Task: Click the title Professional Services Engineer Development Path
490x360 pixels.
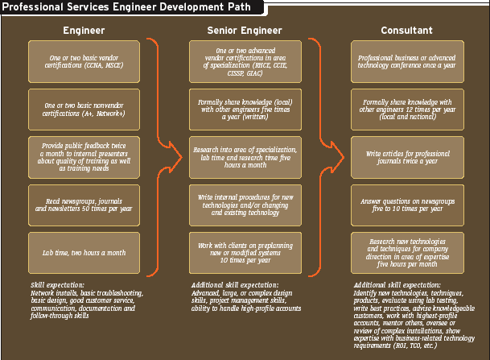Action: [130, 7]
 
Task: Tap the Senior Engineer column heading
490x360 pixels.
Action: [245, 31]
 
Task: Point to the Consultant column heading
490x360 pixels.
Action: [407, 31]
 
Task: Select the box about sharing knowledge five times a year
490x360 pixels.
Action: [245, 110]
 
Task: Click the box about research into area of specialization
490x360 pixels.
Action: [245, 157]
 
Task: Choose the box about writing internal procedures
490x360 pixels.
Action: [245, 205]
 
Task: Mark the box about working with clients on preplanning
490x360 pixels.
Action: [245, 253]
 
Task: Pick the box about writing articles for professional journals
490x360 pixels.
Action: [407, 157]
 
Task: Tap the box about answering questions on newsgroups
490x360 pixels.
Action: [407, 205]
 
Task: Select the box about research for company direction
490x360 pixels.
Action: [407, 253]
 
